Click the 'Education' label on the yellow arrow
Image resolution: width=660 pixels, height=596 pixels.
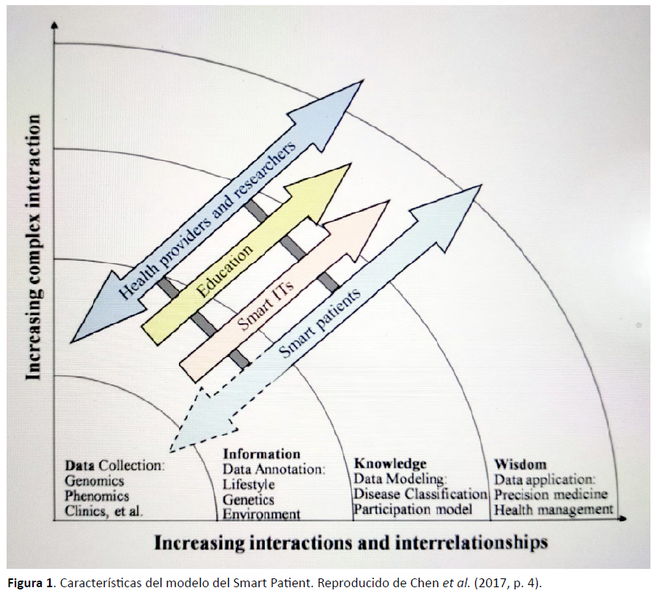(x=224, y=271)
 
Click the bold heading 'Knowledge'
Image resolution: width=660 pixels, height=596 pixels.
(x=390, y=463)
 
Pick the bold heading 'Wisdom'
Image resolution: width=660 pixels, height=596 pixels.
(x=520, y=464)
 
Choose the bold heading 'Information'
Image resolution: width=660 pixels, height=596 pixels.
(x=261, y=454)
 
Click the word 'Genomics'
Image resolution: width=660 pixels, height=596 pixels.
(x=95, y=481)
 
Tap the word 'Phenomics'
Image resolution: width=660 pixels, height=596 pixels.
(x=97, y=496)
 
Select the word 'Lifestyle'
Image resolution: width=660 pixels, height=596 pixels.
(x=249, y=485)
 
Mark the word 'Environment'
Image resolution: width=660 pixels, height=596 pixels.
(x=261, y=515)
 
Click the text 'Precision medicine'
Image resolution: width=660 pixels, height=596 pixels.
(x=551, y=494)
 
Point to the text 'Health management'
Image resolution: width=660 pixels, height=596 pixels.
(x=554, y=509)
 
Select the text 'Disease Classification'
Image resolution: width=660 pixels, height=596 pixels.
(x=420, y=493)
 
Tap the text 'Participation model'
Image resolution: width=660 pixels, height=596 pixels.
(x=413, y=509)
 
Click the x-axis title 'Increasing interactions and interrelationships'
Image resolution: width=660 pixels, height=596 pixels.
(x=351, y=542)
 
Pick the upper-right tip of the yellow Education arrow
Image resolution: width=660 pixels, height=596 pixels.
(x=351, y=164)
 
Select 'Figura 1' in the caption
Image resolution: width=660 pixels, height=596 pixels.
(x=29, y=584)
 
